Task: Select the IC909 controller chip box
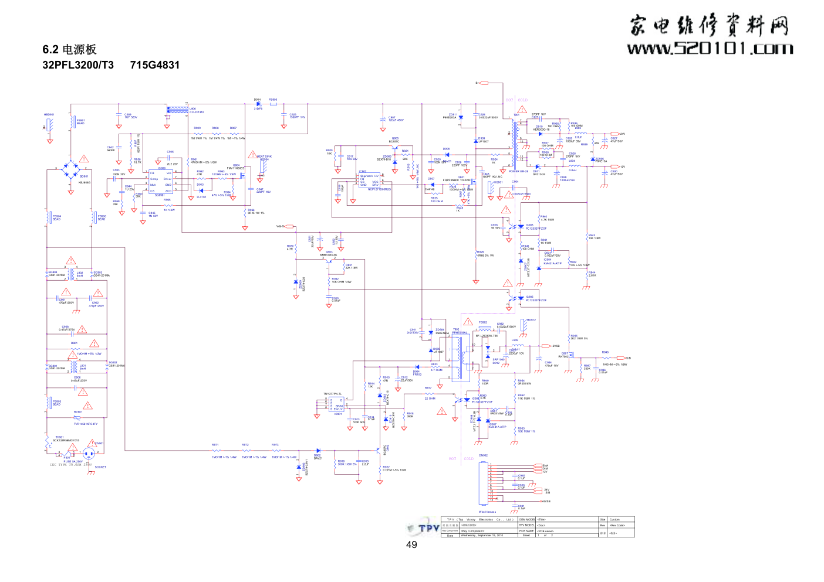click(x=161, y=182)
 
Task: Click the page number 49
click(x=411, y=545)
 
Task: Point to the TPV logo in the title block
click(x=424, y=527)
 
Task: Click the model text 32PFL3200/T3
click(x=78, y=65)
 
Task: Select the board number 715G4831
click(x=155, y=65)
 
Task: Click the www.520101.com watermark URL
click(x=710, y=48)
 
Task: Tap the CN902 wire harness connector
click(x=484, y=484)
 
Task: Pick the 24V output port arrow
click(x=615, y=134)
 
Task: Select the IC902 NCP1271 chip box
click(x=370, y=181)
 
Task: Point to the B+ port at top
click(x=484, y=83)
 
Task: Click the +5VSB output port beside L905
click(x=546, y=346)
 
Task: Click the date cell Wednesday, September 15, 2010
click(x=482, y=535)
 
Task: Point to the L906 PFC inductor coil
click(x=177, y=109)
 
